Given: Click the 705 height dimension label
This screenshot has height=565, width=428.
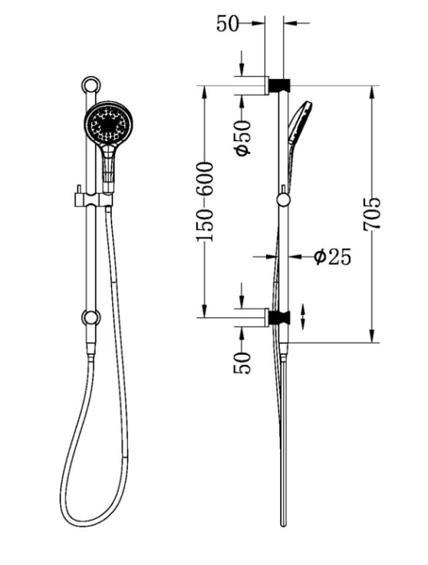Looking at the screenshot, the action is pos(372,213).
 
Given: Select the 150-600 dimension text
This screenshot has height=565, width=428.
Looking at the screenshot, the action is pos(205,202).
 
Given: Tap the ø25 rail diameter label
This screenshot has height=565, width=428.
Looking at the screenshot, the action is pos(332,257).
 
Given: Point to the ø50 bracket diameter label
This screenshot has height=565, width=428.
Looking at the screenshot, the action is pos(242,138).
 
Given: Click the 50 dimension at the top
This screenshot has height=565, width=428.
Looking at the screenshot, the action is pos(228,24).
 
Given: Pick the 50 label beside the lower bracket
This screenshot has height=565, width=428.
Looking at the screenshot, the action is pos(242,363).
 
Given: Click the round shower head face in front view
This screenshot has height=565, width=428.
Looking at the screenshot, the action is pos(108,124).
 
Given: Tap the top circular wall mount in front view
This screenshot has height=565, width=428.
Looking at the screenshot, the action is pos(91,85).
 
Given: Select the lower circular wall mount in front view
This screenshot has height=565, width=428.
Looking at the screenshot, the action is pos(91,317).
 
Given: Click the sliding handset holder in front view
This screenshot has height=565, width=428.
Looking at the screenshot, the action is pos(94,199).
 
